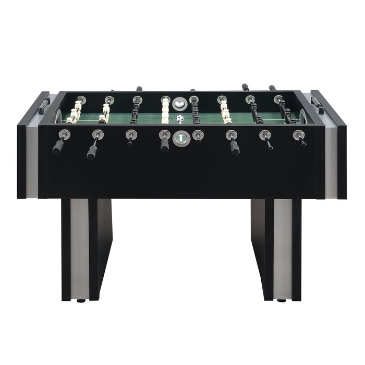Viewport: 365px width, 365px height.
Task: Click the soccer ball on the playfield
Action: tap(180, 119)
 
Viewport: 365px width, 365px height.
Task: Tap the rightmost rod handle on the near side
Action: tap(302, 141)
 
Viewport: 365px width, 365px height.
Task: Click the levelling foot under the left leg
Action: tap(81, 300)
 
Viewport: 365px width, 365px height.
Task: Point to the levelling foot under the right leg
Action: tap(281, 300)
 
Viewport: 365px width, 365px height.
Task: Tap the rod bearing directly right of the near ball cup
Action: tap(197, 136)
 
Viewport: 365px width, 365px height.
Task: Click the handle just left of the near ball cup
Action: tap(164, 143)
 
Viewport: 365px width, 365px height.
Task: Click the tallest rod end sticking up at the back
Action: tap(245, 87)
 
